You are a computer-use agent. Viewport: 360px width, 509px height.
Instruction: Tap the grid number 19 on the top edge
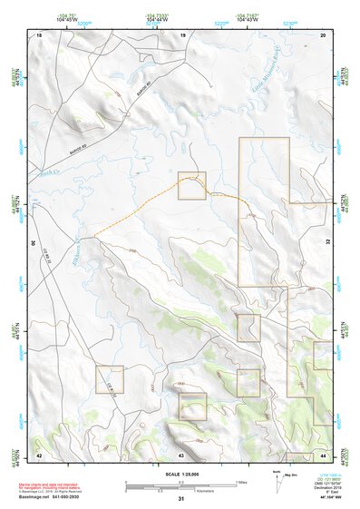182,34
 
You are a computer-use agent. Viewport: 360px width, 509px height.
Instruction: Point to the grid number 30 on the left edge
33,243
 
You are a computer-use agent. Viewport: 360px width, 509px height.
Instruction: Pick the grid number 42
39,454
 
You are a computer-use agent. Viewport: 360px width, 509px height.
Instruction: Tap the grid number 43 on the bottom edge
181,454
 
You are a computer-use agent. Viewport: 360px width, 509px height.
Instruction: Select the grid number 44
324,454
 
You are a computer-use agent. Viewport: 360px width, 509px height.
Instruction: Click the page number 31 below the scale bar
181,499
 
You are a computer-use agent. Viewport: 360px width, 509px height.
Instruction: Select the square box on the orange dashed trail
192,185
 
